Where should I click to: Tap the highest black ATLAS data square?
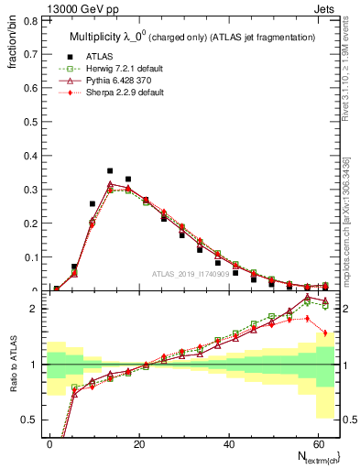tap(110, 170)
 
